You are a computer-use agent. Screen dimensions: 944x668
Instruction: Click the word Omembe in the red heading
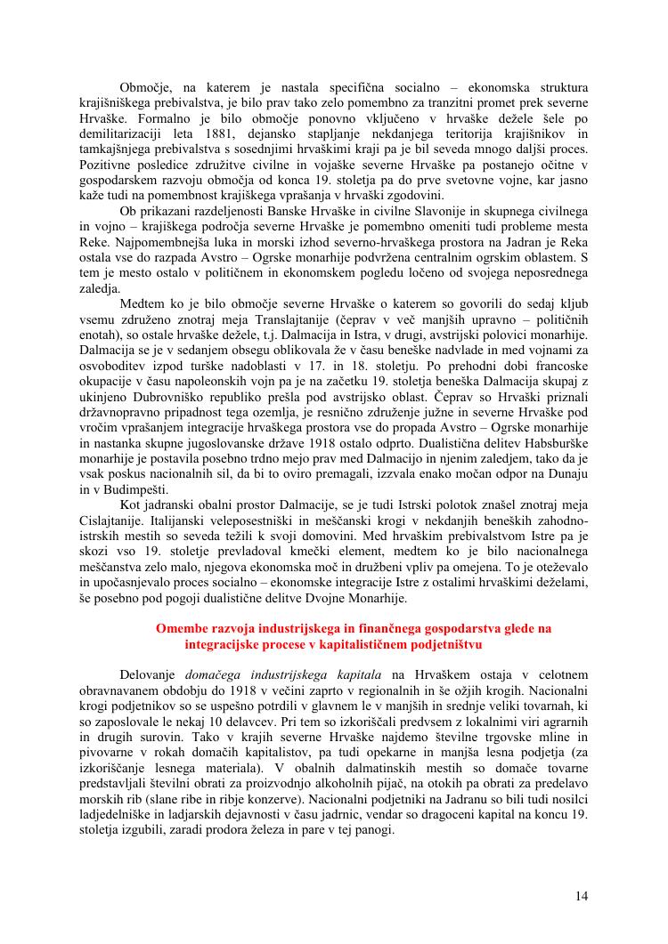coord(182,628)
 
